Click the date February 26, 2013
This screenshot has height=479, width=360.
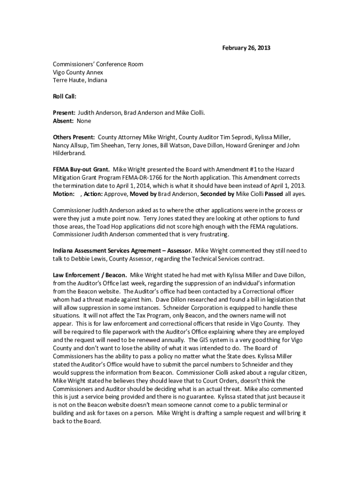click(246, 48)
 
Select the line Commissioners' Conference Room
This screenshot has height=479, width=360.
click(98, 64)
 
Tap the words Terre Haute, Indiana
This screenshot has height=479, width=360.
click(80, 80)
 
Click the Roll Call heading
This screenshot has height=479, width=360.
click(65, 96)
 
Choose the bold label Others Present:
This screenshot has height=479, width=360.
click(74, 137)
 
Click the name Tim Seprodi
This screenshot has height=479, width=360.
click(235, 137)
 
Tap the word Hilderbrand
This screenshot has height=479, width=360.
click(69, 153)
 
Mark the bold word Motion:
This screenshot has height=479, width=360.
click(64, 193)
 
